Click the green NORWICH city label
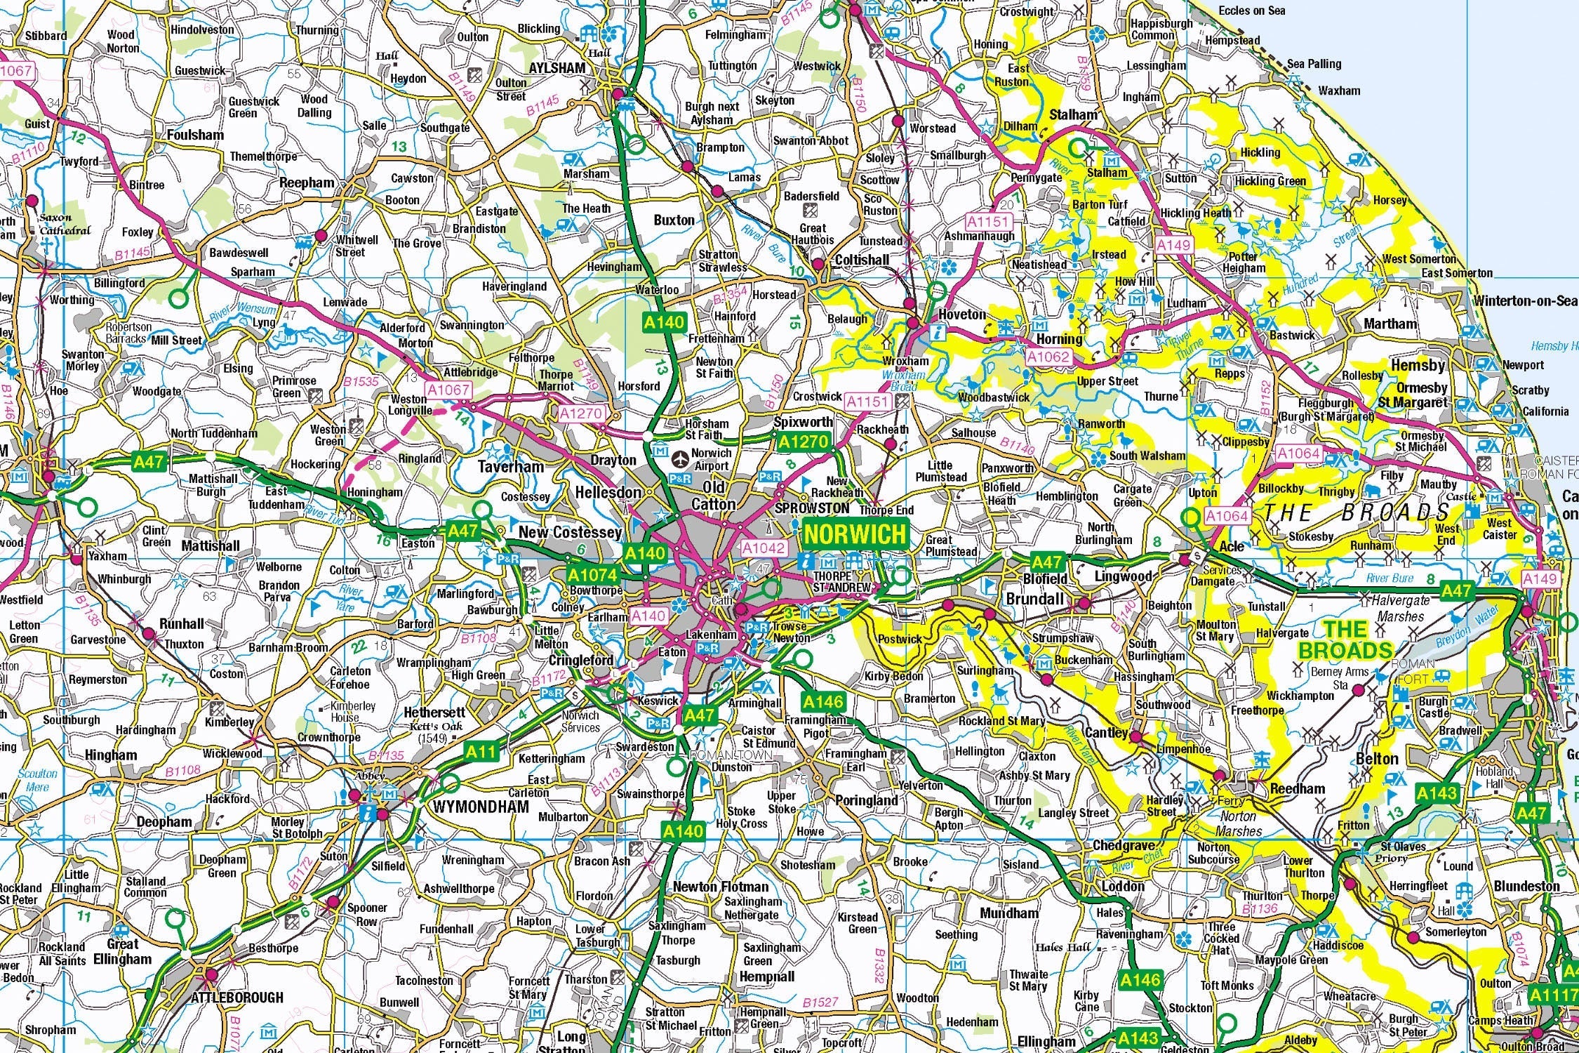(x=855, y=534)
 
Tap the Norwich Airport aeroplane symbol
(x=679, y=459)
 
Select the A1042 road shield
(x=764, y=548)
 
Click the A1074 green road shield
(x=592, y=576)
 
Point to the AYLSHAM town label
(x=557, y=68)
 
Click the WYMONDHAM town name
(x=480, y=806)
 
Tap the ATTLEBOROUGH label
(x=237, y=998)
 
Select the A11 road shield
(x=481, y=752)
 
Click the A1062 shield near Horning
(x=1048, y=357)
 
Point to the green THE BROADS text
(x=1345, y=640)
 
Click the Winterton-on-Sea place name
(x=1524, y=301)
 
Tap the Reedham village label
(x=1298, y=788)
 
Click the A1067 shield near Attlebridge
(x=448, y=390)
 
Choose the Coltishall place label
(x=862, y=260)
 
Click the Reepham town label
(x=307, y=183)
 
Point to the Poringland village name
(x=866, y=800)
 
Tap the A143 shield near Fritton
(x=1437, y=793)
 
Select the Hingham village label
(x=111, y=755)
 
